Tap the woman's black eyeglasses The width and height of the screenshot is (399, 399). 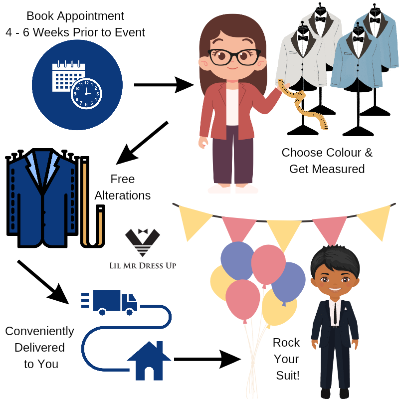[x=233, y=56]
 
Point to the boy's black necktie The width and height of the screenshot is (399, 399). [x=334, y=311]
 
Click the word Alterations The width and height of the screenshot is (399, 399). [x=123, y=195]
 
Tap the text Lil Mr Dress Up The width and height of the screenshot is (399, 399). [x=143, y=265]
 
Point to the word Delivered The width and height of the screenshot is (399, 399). [x=39, y=347]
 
